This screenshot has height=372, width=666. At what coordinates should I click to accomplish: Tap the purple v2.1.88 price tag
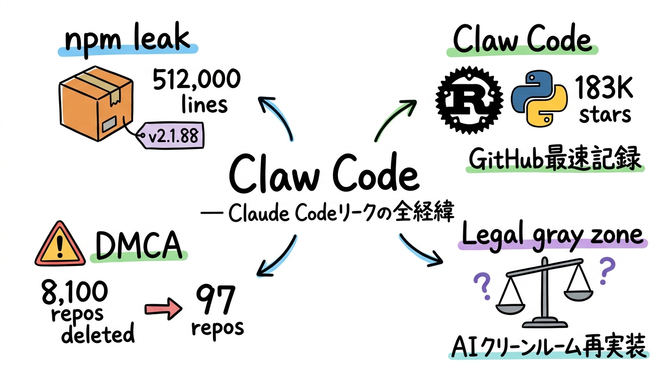point(172,135)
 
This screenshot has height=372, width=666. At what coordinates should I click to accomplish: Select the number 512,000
point(197,80)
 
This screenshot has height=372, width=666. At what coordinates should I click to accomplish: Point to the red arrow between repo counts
point(162,310)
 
